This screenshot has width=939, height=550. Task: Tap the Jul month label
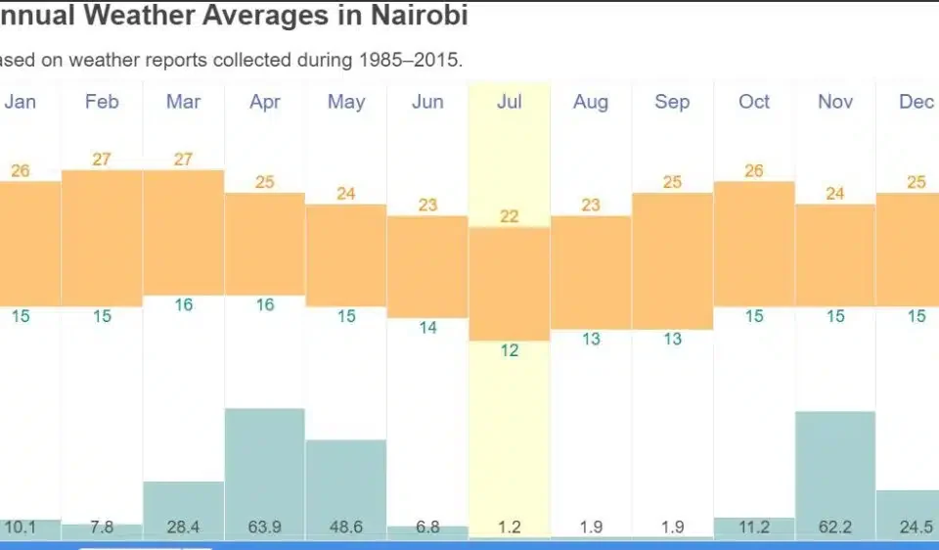pyautogui.click(x=509, y=102)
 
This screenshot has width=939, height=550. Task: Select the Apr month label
pyautogui.click(x=265, y=102)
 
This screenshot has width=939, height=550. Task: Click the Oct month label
pyautogui.click(x=753, y=102)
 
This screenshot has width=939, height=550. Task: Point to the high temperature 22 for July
pyautogui.click(x=509, y=216)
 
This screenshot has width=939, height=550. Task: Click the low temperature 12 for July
pyautogui.click(x=509, y=350)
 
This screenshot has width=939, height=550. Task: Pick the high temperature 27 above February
pyautogui.click(x=102, y=159)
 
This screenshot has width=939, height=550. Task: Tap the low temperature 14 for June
pyautogui.click(x=427, y=328)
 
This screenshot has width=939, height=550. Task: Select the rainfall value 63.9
pyautogui.click(x=265, y=527)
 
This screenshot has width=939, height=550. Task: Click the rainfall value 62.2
pyautogui.click(x=834, y=527)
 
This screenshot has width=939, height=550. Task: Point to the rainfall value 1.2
pyautogui.click(x=509, y=527)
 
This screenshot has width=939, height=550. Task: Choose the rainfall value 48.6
pyautogui.click(x=346, y=527)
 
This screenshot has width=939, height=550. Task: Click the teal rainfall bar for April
pyautogui.click(x=265, y=460)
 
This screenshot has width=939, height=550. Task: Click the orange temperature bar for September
pyautogui.click(x=672, y=260)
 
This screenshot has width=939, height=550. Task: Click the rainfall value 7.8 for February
pyautogui.click(x=102, y=527)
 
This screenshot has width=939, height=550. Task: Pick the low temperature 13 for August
pyautogui.click(x=590, y=339)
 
